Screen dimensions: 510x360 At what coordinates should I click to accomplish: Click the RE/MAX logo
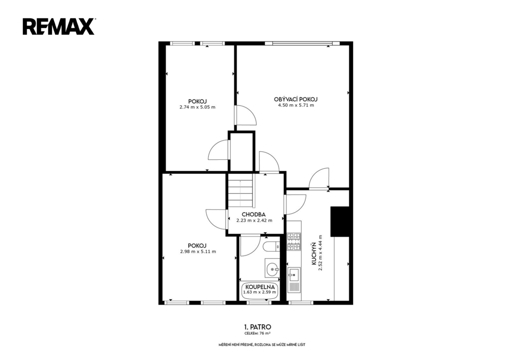(59, 27)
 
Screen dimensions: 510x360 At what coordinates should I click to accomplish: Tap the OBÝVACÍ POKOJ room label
(296, 100)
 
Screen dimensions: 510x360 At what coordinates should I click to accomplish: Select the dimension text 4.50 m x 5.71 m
(296, 106)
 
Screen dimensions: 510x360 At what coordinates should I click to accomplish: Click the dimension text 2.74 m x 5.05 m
(197, 107)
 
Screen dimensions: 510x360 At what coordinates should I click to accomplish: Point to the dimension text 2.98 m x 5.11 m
(198, 251)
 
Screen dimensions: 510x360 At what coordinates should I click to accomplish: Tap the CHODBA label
(254, 215)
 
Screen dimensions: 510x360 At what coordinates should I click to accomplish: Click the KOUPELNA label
(260, 287)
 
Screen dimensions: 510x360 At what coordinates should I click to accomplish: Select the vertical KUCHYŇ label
(314, 253)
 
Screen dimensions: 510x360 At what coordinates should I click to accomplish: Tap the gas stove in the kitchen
(294, 241)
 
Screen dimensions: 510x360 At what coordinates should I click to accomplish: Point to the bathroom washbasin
(272, 268)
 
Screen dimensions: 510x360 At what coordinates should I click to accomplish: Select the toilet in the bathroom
(271, 247)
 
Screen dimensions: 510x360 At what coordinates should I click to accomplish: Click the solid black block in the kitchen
(340, 222)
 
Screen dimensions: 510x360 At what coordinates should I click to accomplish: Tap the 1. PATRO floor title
(257, 327)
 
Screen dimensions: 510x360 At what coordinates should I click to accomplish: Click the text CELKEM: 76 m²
(257, 334)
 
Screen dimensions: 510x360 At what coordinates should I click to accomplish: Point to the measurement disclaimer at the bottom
(262, 345)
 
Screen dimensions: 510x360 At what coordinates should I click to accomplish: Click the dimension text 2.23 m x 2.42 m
(255, 221)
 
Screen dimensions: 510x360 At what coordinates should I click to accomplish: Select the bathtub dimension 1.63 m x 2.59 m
(259, 292)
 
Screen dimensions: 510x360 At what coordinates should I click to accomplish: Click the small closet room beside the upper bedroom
(242, 151)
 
